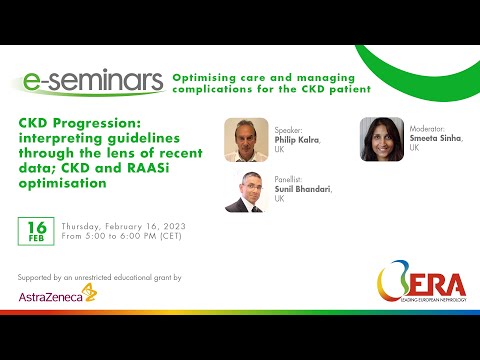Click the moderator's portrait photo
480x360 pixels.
pyautogui.click(x=381, y=139)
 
